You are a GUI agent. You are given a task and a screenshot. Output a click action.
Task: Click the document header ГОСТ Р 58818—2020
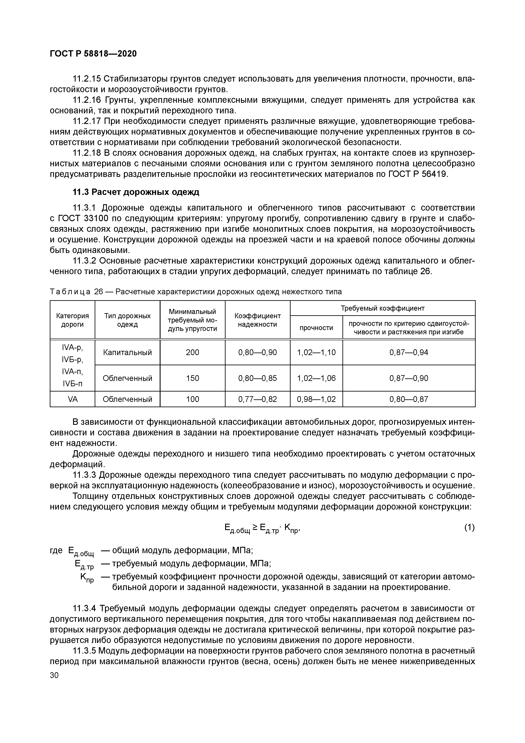tap(93, 54)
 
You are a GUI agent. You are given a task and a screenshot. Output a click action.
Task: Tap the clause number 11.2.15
tap(87, 79)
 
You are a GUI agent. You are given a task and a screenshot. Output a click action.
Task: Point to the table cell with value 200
tap(193, 352)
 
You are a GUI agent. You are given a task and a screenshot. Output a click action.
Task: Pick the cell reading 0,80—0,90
tap(258, 352)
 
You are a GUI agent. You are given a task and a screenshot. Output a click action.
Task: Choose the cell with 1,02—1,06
tap(316, 378)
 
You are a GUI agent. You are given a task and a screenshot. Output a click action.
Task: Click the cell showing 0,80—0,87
tap(409, 399)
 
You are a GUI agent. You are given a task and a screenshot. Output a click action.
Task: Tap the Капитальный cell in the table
tap(127, 352)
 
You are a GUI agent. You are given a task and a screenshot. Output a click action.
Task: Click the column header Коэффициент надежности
tap(258, 320)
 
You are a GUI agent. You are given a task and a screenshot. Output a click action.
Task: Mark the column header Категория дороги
tap(72, 320)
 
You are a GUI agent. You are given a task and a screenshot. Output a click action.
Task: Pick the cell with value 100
tap(193, 399)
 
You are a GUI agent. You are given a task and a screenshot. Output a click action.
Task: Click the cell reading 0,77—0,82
tap(258, 399)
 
